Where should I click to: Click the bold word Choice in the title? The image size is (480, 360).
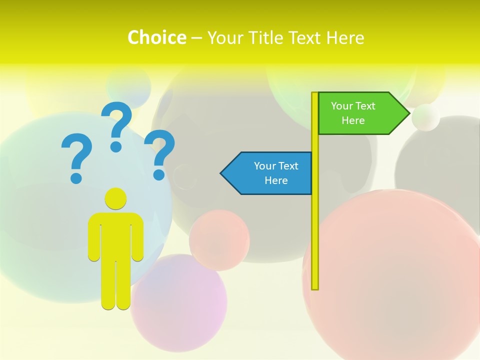pyautogui.click(x=156, y=37)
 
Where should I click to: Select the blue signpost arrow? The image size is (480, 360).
pyautogui.click(x=270, y=173)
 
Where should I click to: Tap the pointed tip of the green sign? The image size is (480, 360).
pyautogui.click(x=408, y=113)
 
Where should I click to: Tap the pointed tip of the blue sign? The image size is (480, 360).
pyautogui.click(x=222, y=173)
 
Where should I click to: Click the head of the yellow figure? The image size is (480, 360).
pyautogui.click(x=116, y=198)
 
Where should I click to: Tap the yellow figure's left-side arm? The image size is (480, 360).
pyautogui.click(x=94, y=237)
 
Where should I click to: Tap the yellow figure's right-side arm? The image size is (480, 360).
pyautogui.click(x=138, y=237)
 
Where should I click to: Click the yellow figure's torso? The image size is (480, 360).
pyautogui.click(x=116, y=235)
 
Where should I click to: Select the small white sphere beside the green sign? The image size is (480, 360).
pyautogui.click(x=426, y=117)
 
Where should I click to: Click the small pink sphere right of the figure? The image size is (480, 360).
pyautogui.click(x=219, y=240)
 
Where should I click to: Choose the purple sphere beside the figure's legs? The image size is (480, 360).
pyautogui.click(x=180, y=300)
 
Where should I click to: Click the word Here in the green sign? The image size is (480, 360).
pyautogui.click(x=353, y=120)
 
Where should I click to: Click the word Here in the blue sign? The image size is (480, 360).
pyautogui.click(x=276, y=180)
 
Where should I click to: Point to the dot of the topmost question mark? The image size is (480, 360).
pyautogui.click(x=116, y=146)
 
